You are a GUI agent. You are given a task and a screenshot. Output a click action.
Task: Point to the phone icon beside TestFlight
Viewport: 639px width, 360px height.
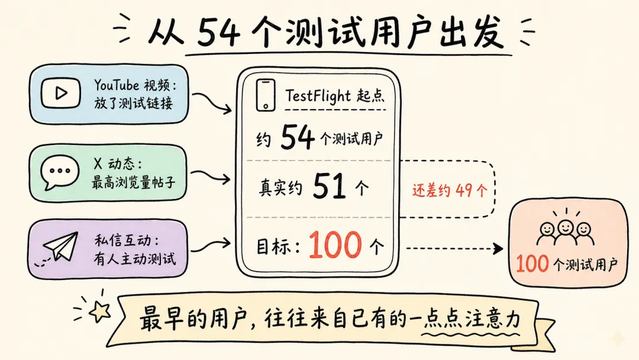tap(266, 95)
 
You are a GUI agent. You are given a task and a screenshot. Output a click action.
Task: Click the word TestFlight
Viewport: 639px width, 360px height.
tap(318, 95)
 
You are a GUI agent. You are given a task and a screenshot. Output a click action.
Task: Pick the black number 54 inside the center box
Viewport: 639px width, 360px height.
tap(298, 139)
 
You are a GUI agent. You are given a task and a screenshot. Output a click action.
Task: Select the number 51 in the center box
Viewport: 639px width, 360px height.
tap(329, 188)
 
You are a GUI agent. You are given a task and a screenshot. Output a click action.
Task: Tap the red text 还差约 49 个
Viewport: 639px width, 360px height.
tap(450, 190)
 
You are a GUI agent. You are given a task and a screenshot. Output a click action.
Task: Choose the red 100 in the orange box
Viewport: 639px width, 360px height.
tap(532, 263)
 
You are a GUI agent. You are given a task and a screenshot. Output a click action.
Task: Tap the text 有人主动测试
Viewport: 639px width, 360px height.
tap(134, 258)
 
